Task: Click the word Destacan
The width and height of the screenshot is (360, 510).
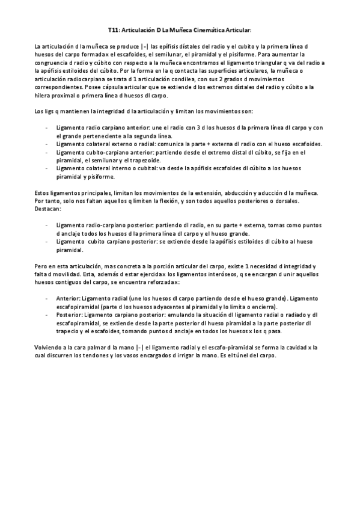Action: point(48,208)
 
